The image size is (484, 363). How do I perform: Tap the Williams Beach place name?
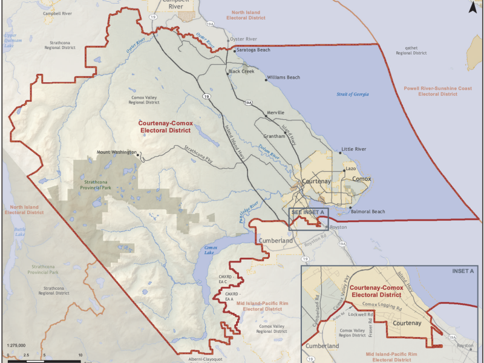tap(284, 77)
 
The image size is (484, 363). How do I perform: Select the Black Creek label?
tap(241, 71)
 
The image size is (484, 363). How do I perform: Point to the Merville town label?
tap(275, 114)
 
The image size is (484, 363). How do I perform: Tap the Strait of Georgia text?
tap(353, 94)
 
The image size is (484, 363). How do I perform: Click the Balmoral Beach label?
tap(368, 212)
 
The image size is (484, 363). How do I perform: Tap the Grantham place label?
tap(273, 136)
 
